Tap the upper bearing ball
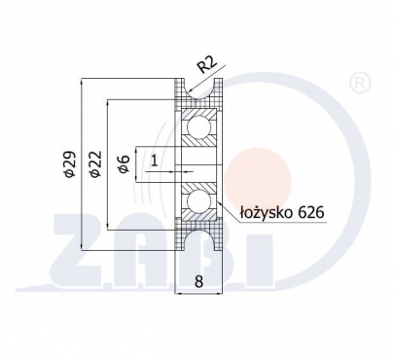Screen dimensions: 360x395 (x=201, y=126)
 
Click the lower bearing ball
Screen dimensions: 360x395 (x=201, y=202)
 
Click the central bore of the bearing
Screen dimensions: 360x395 (x=201, y=164)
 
